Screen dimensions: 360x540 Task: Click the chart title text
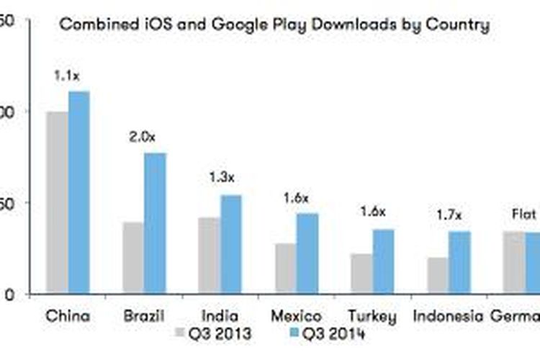pyautogui.click(x=274, y=25)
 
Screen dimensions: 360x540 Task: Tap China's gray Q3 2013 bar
pyautogui.click(x=57, y=202)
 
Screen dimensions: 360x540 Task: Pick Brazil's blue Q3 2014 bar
pyautogui.click(x=156, y=223)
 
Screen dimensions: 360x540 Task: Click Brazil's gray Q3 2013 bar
pyautogui.click(x=133, y=258)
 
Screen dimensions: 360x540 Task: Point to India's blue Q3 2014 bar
pyautogui.click(x=231, y=244)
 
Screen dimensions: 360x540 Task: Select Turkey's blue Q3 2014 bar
pyautogui.click(x=384, y=261)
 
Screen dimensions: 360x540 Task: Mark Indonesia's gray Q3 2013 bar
pyautogui.click(x=438, y=275)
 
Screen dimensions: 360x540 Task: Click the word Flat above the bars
pyautogui.click(x=523, y=214)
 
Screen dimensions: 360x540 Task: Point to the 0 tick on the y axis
pyautogui.click(x=9, y=294)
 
